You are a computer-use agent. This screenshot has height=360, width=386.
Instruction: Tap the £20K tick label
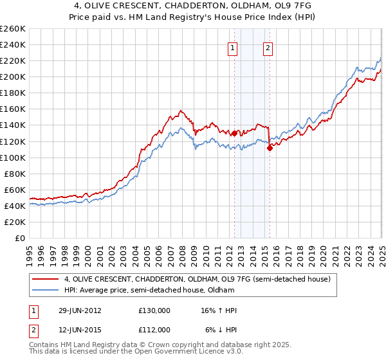15,222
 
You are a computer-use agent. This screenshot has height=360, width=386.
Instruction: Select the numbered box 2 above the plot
268,47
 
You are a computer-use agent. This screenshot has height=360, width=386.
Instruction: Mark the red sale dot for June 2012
234,133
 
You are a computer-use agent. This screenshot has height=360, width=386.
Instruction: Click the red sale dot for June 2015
270,148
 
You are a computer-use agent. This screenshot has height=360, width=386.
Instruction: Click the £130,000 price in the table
154,310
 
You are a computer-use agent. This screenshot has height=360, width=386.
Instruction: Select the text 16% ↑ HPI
219,310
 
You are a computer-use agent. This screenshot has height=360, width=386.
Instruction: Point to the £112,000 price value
154,329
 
